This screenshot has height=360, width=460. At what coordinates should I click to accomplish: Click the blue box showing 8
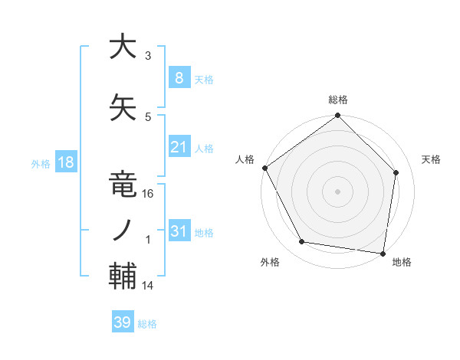179,77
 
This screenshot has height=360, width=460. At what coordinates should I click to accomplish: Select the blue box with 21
179,146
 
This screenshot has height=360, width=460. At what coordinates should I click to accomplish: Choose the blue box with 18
64,162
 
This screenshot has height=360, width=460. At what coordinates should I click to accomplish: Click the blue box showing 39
122,322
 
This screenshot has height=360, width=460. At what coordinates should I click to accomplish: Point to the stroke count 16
149,194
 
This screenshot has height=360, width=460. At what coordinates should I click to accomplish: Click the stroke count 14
149,286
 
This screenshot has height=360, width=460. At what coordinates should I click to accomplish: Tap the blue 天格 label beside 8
204,79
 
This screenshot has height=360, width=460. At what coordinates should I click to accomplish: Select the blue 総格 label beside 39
147,324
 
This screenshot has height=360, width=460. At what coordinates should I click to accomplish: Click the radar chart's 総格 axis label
338,100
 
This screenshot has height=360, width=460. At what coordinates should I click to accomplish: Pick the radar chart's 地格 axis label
402,262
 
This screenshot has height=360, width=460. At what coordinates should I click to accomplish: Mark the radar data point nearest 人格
265,168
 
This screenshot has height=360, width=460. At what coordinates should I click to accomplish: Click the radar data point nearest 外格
302,242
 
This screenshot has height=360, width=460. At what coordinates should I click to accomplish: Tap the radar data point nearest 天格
396,172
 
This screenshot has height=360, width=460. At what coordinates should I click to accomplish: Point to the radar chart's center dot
338,191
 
